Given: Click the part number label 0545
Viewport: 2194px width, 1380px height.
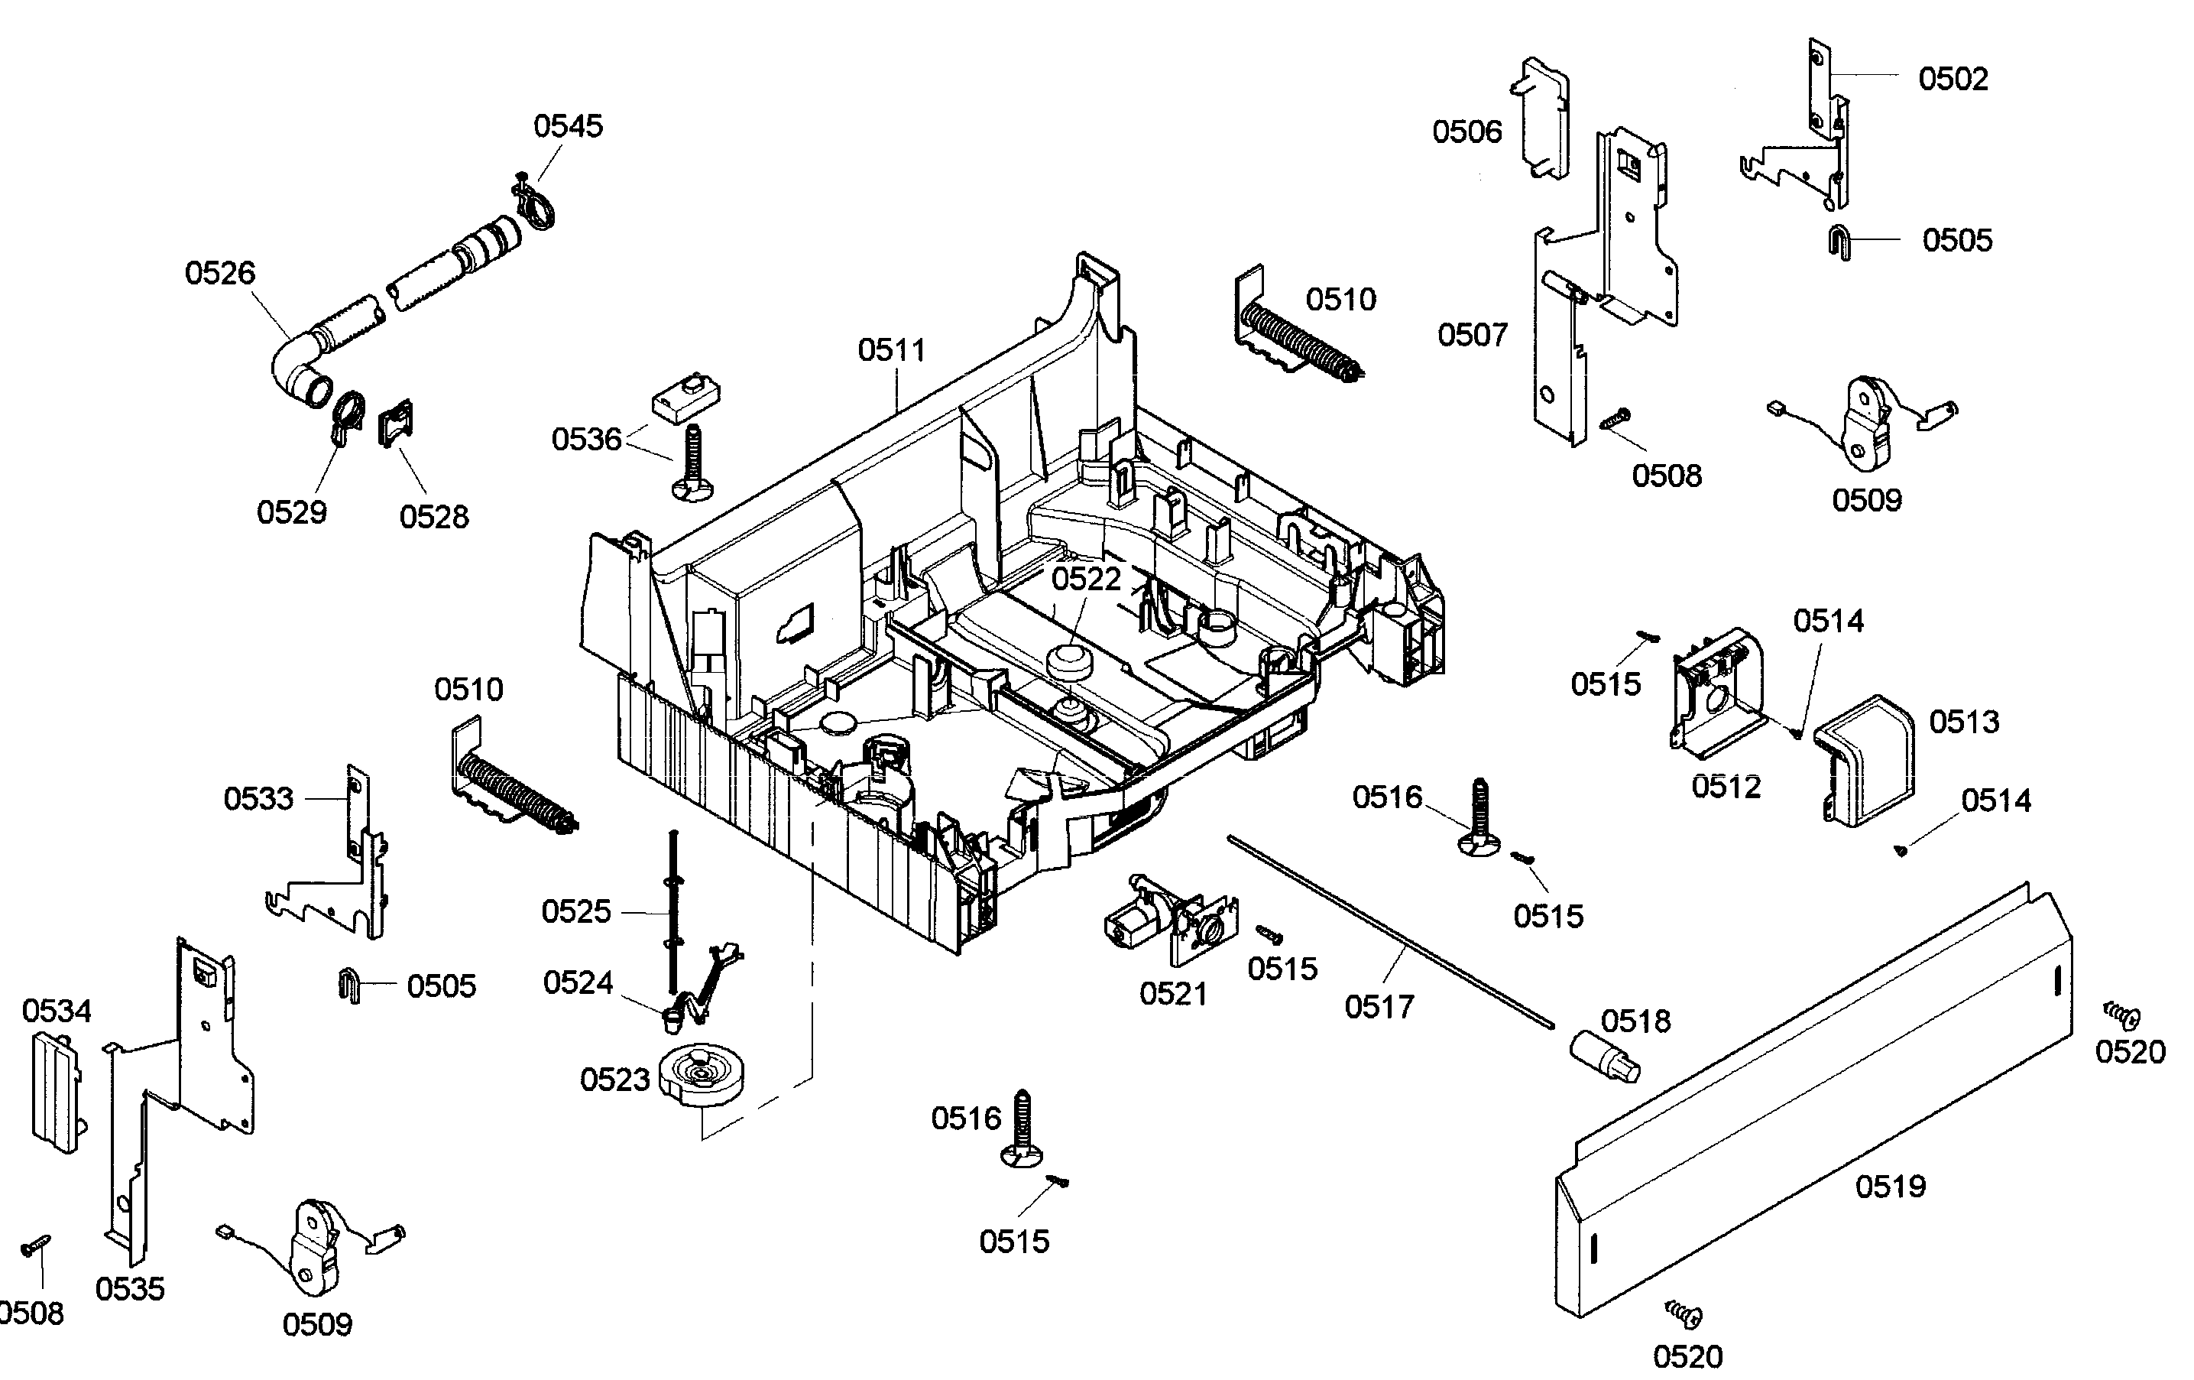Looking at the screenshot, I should pyautogui.click(x=568, y=126).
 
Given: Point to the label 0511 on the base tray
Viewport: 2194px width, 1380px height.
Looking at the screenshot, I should pyautogui.click(x=891, y=350).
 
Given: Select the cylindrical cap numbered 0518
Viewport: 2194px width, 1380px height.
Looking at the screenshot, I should pyautogui.click(x=1603, y=1058).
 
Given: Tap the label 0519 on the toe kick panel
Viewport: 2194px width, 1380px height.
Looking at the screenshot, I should pyautogui.click(x=1891, y=1186).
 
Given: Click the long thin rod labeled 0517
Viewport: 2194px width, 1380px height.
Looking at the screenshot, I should pyautogui.click(x=1385, y=930).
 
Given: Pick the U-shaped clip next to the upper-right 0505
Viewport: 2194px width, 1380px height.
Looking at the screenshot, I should pyautogui.click(x=1839, y=242).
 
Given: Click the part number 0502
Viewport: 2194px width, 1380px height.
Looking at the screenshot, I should pyautogui.click(x=1953, y=80).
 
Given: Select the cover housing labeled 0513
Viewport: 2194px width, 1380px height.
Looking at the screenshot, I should pyautogui.click(x=1863, y=761).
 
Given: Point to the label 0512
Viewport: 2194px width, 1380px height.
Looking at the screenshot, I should pyautogui.click(x=1726, y=787).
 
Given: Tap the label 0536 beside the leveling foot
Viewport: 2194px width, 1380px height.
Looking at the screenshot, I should pyautogui.click(x=586, y=440).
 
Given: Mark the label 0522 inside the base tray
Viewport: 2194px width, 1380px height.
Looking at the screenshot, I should pyautogui.click(x=1085, y=579).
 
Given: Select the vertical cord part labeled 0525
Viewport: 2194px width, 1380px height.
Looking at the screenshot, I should pyautogui.click(x=674, y=911).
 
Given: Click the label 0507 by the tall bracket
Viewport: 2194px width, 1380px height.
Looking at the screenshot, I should pyautogui.click(x=1473, y=336).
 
